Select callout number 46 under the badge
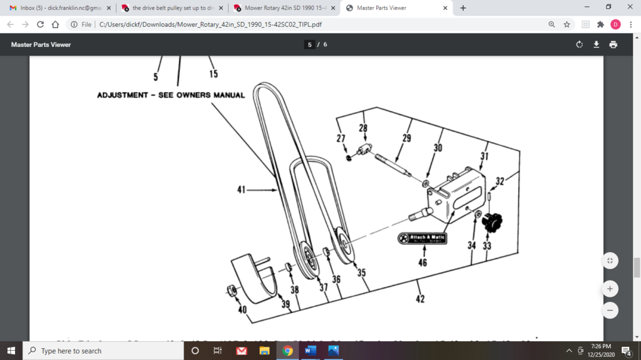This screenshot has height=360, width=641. point(423,262)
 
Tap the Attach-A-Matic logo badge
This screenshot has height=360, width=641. point(423,239)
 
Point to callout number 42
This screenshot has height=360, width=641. point(420,299)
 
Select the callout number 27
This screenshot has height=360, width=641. point(341,138)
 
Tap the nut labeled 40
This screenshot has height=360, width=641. point(231,290)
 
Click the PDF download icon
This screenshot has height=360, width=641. point(597,44)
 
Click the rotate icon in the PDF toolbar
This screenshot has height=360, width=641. point(580,44)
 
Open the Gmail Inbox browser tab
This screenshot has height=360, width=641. point(59,8)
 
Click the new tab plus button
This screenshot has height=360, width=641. point(463,8)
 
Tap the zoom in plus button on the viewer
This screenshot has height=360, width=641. point(610,289)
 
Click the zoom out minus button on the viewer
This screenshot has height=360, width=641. point(610,310)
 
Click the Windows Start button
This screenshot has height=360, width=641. point(11,351)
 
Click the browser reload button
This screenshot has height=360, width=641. point(41,24)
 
